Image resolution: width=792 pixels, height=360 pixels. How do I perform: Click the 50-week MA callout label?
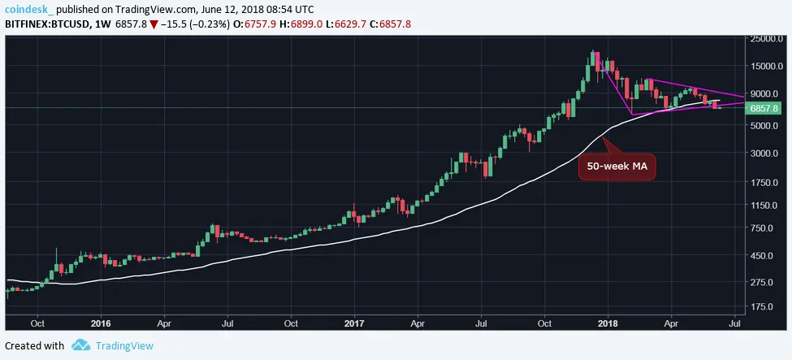click(617, 167)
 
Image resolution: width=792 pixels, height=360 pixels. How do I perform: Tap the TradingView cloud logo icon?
click(80, 345)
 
